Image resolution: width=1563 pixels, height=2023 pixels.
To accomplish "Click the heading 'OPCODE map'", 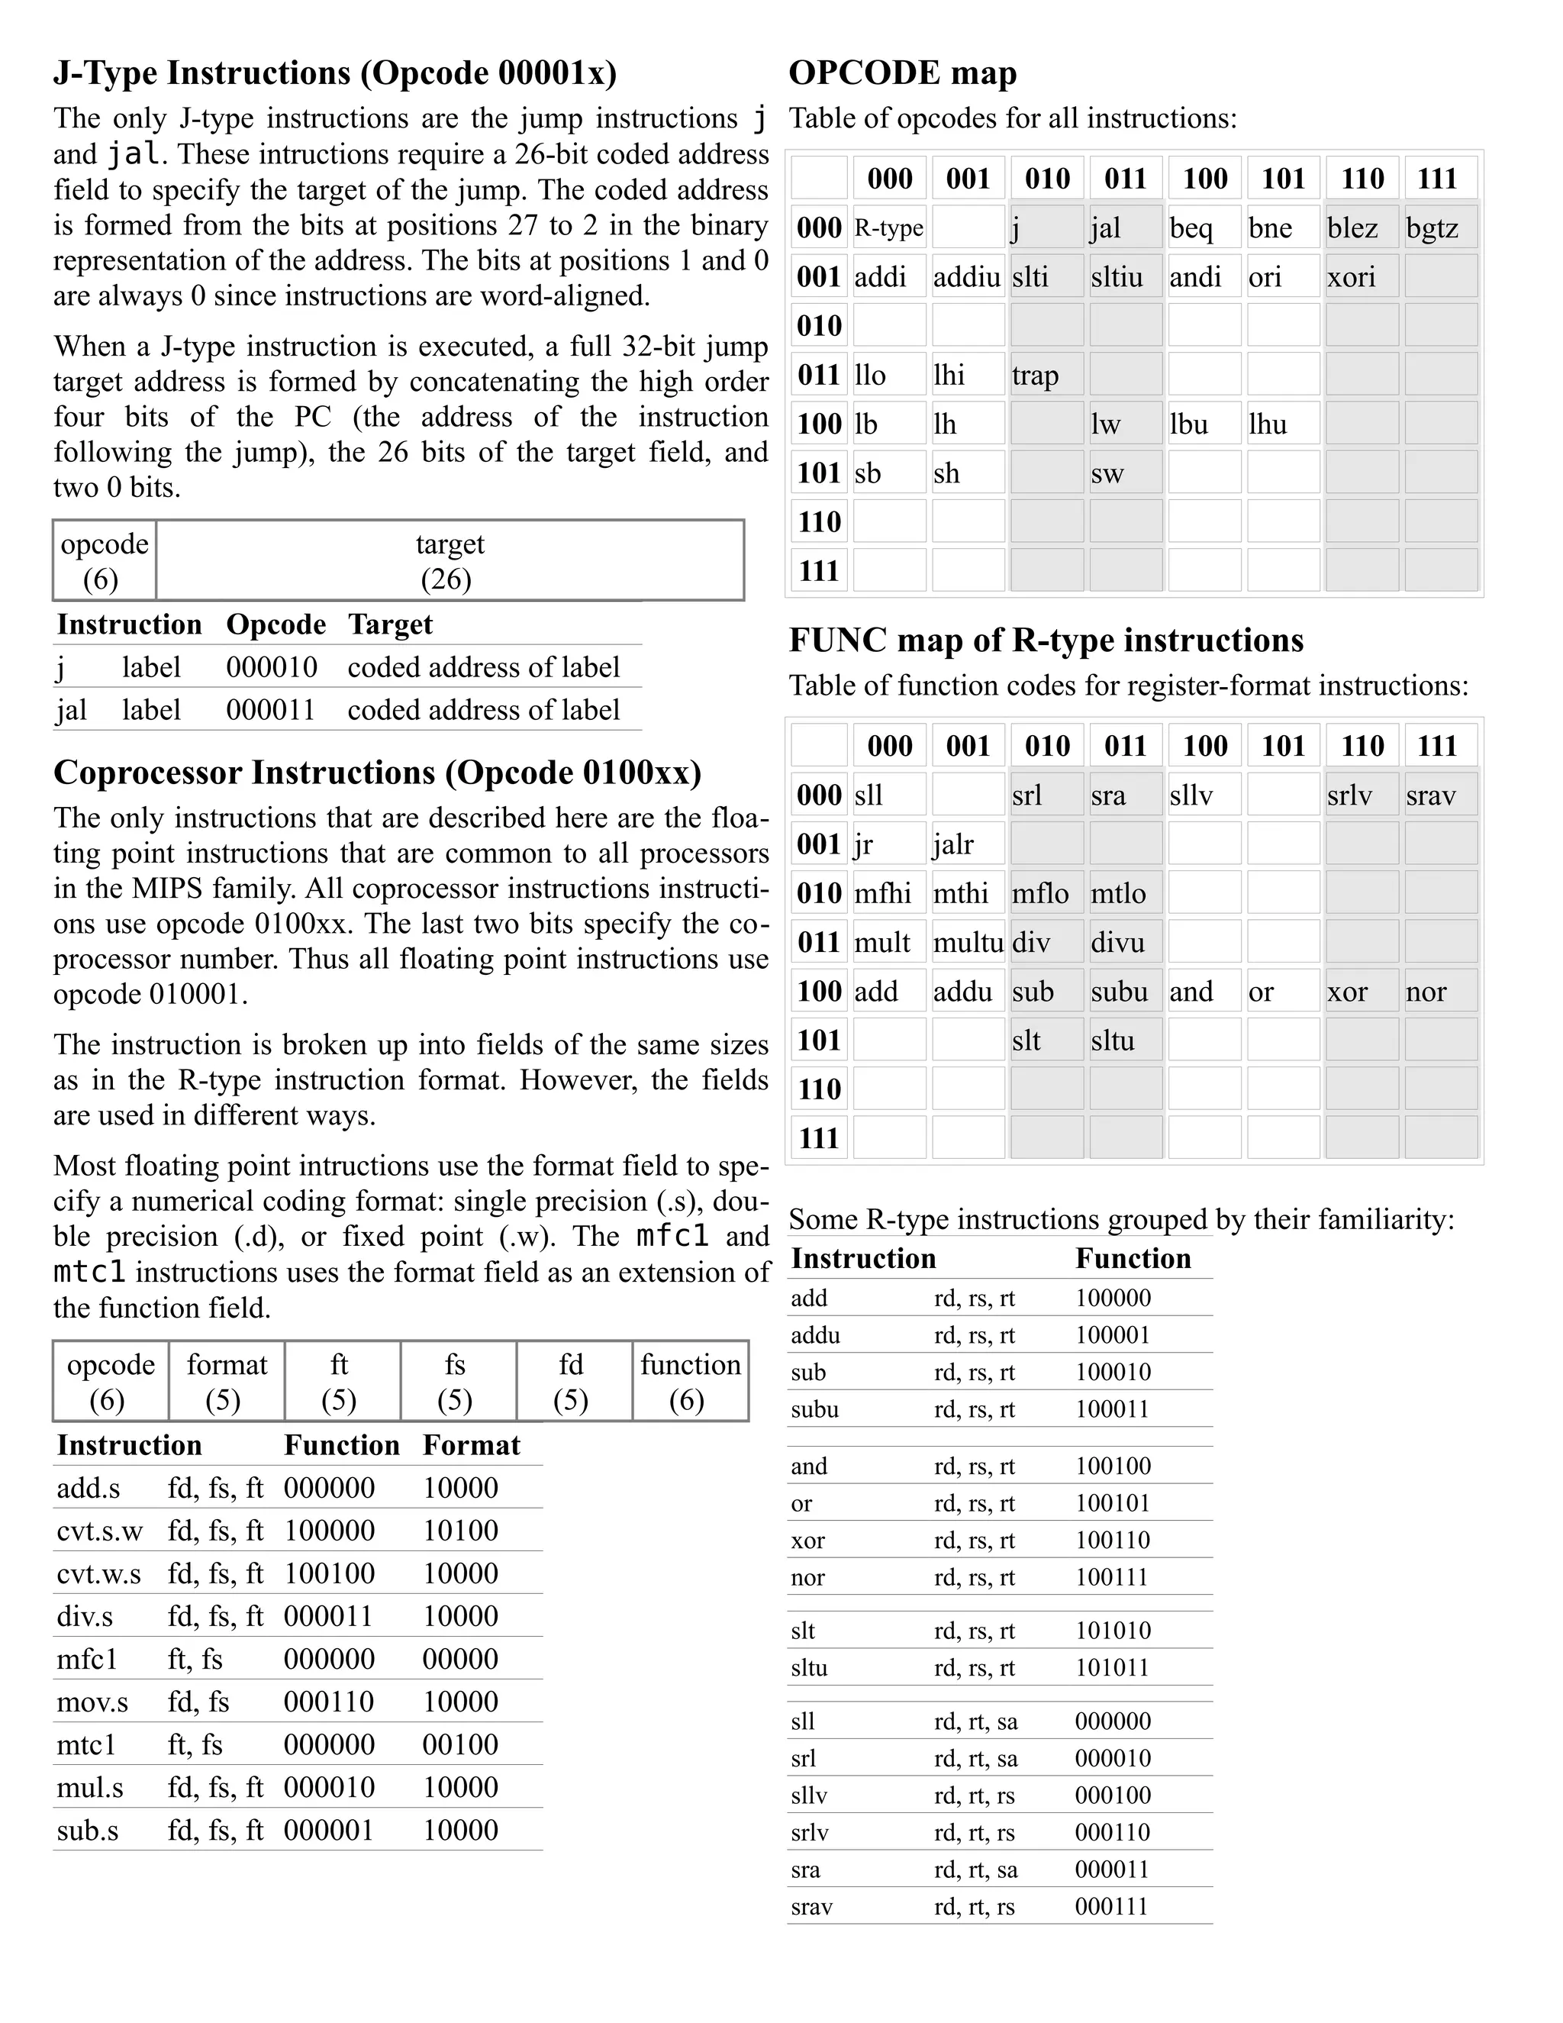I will click(902, 73).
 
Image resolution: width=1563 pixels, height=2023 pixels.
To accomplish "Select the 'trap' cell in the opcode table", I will click(1046, 375).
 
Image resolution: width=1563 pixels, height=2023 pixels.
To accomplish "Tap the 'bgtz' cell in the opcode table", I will click(1440, 227).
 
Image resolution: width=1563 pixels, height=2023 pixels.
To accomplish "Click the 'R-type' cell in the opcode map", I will click(889, 227).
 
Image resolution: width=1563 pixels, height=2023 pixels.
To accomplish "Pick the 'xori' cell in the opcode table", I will click(1362, 277).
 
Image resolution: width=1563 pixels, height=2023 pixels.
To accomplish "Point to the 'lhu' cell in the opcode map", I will click(1282, 424).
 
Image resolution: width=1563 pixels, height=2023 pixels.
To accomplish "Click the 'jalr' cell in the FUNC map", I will click(968, 844).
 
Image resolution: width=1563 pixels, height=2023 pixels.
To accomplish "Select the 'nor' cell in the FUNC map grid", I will click(1440, 991).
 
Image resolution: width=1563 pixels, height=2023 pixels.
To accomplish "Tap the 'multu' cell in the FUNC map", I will click(968, 942).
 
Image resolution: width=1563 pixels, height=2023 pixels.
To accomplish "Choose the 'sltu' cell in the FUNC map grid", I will click(1125, 1041).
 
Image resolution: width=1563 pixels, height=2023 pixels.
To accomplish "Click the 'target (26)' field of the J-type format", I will click(449, 560).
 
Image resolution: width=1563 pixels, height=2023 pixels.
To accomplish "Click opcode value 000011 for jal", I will click(270, 709).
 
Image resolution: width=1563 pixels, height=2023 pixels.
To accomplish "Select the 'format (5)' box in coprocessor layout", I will click(226, 1380).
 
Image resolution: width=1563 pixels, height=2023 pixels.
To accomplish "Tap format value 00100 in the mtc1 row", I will click(460, 1744).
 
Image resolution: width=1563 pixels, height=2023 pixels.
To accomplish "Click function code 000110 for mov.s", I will click(329, 1702).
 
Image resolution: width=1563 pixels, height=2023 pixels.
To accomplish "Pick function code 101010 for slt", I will click(1112, 1631).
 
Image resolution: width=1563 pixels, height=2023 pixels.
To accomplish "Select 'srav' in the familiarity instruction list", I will click(811, 1906).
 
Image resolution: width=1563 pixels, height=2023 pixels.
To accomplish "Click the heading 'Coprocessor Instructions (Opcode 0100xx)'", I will click(377, 773).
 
